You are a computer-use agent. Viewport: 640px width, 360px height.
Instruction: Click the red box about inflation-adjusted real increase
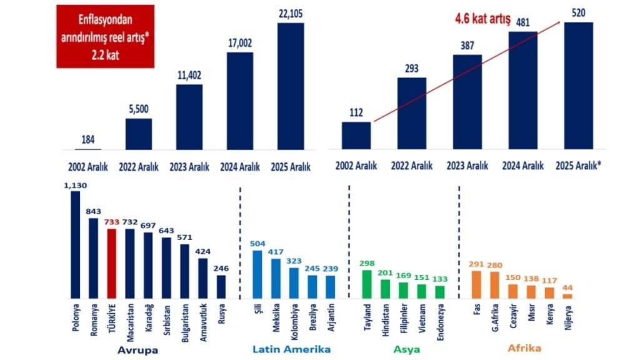pos(105,36)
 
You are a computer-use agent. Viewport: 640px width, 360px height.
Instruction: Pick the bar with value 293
pos(412,114)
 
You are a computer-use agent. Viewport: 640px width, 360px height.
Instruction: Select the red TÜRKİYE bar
pos(112,263)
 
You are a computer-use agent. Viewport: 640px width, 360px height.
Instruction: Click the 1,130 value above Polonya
pos(74,185)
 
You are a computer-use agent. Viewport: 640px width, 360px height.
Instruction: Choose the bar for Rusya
pos(221,286)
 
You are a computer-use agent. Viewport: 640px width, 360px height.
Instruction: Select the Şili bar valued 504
pos(257,274)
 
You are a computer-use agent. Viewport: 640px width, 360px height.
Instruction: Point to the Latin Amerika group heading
pos(291,349)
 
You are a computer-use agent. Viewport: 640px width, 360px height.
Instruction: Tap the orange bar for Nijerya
pos(567,296)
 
